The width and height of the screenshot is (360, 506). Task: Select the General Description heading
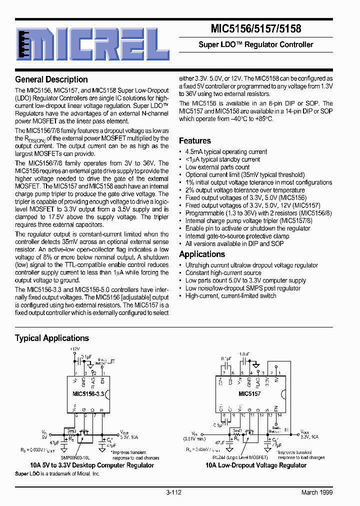pyautogui.click(x=51, y=79)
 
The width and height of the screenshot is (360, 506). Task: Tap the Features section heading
pyautogui.click(x=195, y=141)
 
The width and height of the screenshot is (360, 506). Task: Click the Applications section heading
pyautogui.click(x=202, y=254)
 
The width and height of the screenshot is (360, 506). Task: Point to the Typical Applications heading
pyautogui.click(x=52, y=338)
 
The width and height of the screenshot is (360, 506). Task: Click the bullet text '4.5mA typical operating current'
pyautogui.click(x=226, y=151)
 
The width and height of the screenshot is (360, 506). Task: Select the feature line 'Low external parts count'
pyautogui.click(x=217, y=167)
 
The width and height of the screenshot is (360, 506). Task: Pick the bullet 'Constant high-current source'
pyautogui.click(x=223, y=273)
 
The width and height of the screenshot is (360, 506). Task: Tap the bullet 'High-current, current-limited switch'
pyautogui.click(x=230, y=295)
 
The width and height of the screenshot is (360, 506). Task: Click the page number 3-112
pyautogui.click(x=173, y=492)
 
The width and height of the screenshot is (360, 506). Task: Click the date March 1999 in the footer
pyautogui.click(x=317, y=492)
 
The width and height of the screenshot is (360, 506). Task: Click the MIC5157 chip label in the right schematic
pyautogui.click(x=249, y=394)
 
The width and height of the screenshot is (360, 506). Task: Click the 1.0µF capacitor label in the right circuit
pyautogui.click(x=244, y=353)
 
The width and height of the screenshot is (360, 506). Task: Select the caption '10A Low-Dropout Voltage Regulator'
pyautogui.click(x=256, y=465)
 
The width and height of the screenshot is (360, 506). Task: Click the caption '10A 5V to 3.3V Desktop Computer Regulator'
pyautogui.click(x=92, y=465)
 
